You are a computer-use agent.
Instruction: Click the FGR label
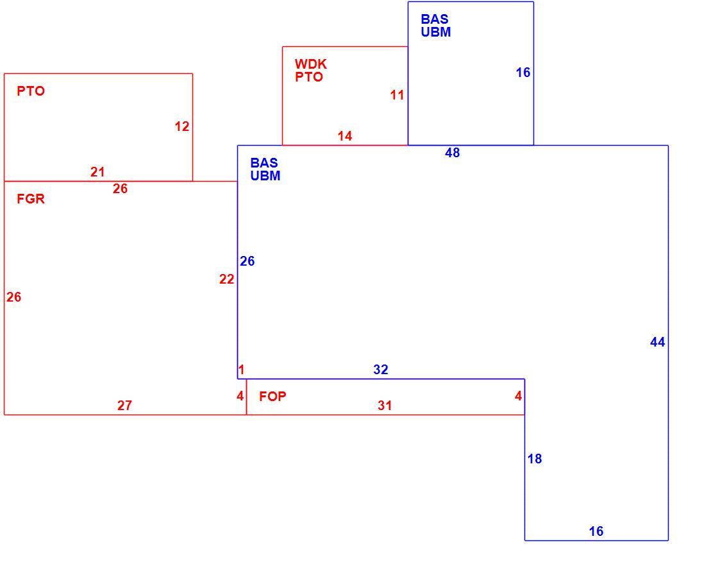(31, 198)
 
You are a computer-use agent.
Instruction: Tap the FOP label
(272, 396)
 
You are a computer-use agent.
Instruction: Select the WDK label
(311, 64)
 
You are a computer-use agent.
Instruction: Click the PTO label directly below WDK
(309, 77)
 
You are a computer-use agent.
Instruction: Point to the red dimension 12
(182, 126)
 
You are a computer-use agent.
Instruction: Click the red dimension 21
(97, 171)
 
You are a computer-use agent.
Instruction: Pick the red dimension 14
(345, 136)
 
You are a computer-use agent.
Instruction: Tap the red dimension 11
(397, 95)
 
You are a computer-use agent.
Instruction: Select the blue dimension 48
(452, 153)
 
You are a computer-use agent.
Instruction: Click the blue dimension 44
(658, 343)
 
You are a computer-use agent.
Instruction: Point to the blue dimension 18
(535, 458)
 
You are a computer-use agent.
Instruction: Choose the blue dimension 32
(381, 369)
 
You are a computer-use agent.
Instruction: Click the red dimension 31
(385, 406)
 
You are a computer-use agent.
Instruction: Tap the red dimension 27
(124, 406)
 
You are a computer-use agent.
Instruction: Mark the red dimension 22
(226, 279)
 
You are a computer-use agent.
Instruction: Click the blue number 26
(247, 261)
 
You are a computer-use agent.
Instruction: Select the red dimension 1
(242, 370)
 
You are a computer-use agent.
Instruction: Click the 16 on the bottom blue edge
(596, 531)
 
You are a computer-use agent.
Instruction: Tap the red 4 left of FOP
(240, 396)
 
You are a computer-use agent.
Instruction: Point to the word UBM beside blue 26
(265, 176)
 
